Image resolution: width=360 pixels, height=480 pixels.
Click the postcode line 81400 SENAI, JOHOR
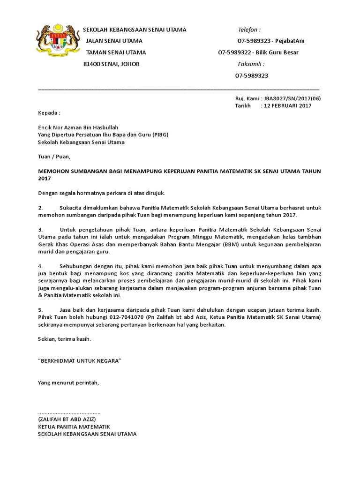(x=111, y=64)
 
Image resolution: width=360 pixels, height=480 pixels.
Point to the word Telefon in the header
(x=249, y=30)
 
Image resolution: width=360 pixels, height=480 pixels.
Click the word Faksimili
(x=251, y=64)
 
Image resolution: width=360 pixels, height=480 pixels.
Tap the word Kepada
(x=49, y=113)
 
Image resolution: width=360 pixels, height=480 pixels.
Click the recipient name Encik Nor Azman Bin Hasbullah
(x=78, y=127)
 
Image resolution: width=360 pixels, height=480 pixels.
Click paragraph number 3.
(x=40, y=230)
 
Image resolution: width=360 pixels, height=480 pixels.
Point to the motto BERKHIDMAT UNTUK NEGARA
(x=79, y=360)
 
